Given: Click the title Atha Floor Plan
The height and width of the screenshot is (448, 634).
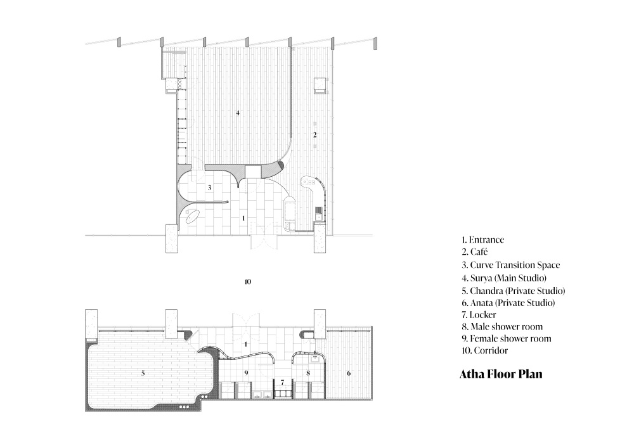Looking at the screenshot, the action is [x=501, y=374].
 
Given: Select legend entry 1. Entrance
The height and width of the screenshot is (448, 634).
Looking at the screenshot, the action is [x=482, y=240].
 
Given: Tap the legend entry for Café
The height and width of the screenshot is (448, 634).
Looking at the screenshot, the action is [x=475, y=252].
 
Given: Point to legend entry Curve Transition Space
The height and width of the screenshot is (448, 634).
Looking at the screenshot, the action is [x=510, y=265].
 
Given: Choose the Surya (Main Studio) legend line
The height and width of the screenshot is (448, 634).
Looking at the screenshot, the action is [x=504, y=278].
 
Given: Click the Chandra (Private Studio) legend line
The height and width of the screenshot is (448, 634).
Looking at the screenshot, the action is [x=514, y=291].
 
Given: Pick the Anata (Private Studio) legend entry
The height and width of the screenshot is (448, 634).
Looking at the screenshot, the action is [x=508, y=302].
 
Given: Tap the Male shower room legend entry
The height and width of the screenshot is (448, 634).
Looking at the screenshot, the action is [x=502, y=326].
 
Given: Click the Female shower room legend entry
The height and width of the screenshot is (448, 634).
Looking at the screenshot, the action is [x=506, y=338].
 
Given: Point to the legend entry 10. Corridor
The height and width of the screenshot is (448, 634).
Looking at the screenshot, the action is [x=485, y=350].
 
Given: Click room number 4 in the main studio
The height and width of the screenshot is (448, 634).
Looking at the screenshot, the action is [x=238, y=113].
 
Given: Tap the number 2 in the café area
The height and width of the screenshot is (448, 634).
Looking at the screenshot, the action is [x=315, y=135].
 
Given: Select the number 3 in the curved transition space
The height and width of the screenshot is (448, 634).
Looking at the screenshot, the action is [x=209, y=188].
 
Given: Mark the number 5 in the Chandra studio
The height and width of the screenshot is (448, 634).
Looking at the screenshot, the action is [x=143, y=373].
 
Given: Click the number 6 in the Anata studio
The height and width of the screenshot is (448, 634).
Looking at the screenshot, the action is [x=349, y=373].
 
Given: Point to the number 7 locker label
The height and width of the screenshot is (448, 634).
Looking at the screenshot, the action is [x=283, y=381].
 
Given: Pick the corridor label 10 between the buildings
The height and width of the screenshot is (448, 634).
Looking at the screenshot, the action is [x=248, y=281].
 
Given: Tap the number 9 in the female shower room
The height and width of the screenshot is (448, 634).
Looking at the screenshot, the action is [x=246, y=373].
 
